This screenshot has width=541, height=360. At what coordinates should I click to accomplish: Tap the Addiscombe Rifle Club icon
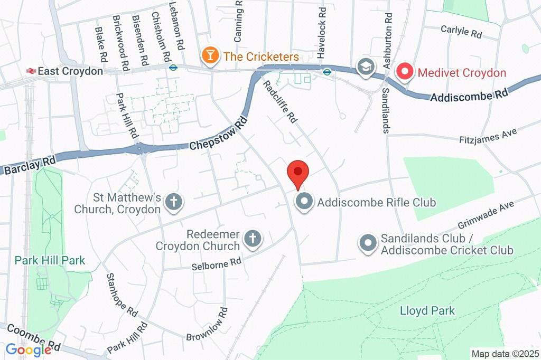pos(304,202)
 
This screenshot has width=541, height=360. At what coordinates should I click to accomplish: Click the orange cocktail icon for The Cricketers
pos(210,55)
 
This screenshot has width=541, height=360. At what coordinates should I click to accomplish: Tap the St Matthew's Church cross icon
pos(173,203)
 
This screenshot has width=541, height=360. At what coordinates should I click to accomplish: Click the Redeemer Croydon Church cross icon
pos(253,240)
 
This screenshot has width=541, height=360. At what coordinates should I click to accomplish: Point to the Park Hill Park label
pos(50,260)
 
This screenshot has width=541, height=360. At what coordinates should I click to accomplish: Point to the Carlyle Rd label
pos(461,31)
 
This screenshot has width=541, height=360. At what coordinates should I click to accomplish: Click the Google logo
pos(28,349)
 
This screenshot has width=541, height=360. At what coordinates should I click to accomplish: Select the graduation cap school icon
pos(365,67)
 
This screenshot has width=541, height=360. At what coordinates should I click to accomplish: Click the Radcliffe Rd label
pos(280,101)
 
